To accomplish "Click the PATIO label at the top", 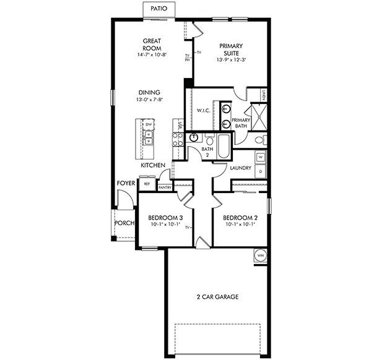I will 158,9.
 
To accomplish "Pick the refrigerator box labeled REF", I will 147,184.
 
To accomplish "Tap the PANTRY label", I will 165,187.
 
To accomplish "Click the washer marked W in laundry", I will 260,158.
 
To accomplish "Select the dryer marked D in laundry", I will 260,170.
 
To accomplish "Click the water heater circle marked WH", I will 260,255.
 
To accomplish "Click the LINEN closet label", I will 263,96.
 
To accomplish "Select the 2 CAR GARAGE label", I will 217,297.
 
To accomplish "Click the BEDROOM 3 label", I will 165,218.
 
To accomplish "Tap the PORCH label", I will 124,223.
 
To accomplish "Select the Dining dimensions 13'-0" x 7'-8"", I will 149,100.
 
